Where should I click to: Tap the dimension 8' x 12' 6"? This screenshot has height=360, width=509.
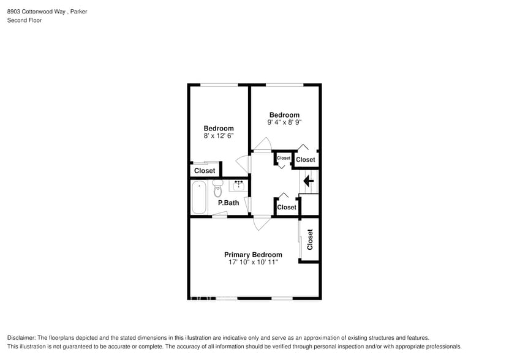(x=219, y=135)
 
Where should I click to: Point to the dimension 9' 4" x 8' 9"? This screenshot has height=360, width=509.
(x=284, y=122)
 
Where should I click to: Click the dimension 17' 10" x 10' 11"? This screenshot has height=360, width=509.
(x=253, y=262)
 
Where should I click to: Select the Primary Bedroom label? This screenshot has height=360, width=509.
(x=253, y=255)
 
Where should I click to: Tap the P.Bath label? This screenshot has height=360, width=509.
(x=228, y=203)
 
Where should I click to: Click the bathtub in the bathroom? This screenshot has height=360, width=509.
(x=199, y=197)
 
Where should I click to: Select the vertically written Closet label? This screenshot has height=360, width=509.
(x=310, y=239)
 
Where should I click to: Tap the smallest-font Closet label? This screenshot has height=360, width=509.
(x=283, y=158)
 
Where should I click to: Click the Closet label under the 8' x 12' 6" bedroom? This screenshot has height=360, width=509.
(x=205, y=171)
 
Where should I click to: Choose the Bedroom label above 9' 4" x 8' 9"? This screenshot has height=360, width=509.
(x=284, y=115)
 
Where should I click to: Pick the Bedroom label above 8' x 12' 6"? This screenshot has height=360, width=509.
(x=219, y=129)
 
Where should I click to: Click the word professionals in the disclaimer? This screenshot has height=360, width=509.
(x=435, y=347)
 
